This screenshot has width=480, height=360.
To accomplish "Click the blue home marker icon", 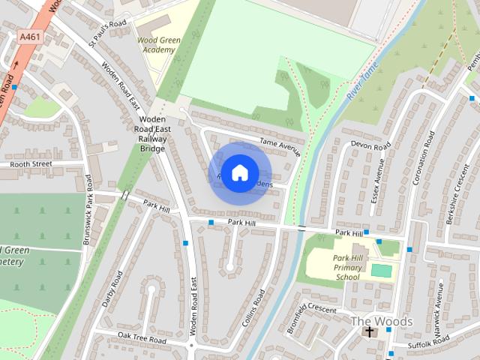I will (x=238, y=172).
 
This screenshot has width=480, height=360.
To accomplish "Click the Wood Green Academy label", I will (x=157, y=44).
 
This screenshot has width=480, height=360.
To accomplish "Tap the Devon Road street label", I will (x=371, y=145).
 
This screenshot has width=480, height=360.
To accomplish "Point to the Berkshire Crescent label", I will (x=453, y=191).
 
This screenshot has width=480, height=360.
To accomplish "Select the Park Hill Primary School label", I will (x=347, y=268).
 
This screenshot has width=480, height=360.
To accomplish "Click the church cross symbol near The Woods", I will (x=368, y=331).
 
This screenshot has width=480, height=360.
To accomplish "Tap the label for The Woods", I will (x=382, y=321).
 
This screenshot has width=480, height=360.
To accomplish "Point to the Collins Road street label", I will (x=254, y=307).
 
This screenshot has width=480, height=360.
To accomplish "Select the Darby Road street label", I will (x=111, y=289).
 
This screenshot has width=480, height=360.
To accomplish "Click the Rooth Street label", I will (x=31, y=163).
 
